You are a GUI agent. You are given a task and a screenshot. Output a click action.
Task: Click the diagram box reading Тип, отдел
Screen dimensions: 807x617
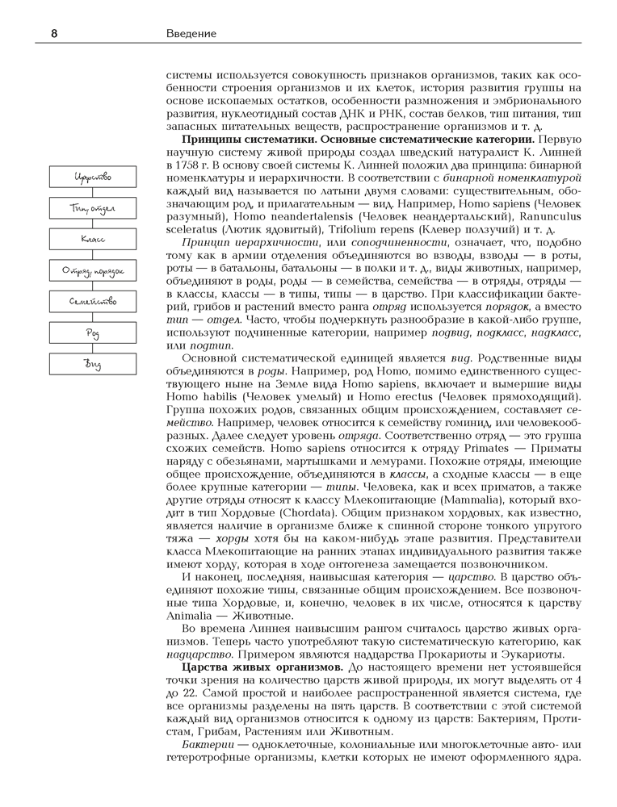[92, 209]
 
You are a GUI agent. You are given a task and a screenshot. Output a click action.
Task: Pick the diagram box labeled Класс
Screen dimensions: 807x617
[92, 240]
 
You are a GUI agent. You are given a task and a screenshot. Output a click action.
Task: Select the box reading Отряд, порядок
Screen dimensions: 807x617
[92, 271]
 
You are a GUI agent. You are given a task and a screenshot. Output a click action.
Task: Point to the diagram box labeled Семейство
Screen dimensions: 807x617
[92, 302]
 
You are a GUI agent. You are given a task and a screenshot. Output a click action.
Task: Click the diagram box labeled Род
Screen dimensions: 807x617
[92, 333]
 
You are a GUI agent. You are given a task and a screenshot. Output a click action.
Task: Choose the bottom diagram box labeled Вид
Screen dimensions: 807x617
[92, 364]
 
